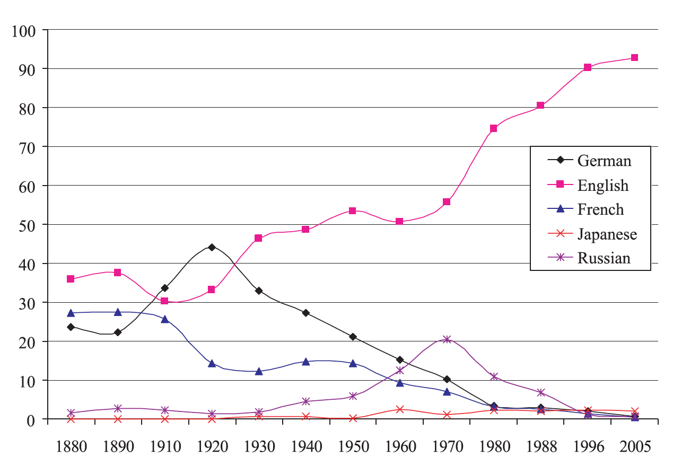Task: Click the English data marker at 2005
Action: tap(634, 58)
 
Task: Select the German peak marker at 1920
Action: tap(212, 247)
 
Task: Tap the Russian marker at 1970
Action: tap(447, 339)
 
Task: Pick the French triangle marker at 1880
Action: tap(71, 313)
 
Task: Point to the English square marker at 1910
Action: tap(164, 301)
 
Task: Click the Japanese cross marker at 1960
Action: tap(399, 409)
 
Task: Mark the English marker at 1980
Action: tap(493, 128)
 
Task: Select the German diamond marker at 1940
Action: tap(305, 313)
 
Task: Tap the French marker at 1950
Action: tap(353, 363)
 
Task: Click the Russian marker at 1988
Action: tap(540, 393)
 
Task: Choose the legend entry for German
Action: tap(604, 160)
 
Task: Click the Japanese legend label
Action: tap(607, 234)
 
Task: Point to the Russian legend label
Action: tap(604, 258)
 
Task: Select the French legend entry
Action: tap(600, 209)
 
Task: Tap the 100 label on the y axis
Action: tap(23, 30)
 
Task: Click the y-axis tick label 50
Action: tap(27, 225)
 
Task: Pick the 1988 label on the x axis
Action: tap(540, 447)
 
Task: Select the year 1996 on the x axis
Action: tap(587, 447)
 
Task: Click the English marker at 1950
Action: tap(353, 210)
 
